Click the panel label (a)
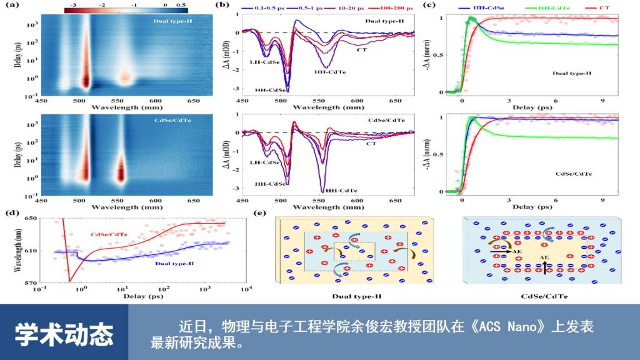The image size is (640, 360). point(10,6)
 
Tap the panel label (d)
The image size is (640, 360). point(10,212)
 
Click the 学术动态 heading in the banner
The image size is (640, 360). point(64,334)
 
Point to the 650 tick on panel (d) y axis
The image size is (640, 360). point(29,219)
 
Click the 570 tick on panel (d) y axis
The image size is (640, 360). point(29,282)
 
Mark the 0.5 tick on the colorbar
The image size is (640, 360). point(181,5)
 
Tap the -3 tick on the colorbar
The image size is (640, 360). point(73,5)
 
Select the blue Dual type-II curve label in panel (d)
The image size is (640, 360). point(170,264)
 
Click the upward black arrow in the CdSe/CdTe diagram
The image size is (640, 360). point(544,267)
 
